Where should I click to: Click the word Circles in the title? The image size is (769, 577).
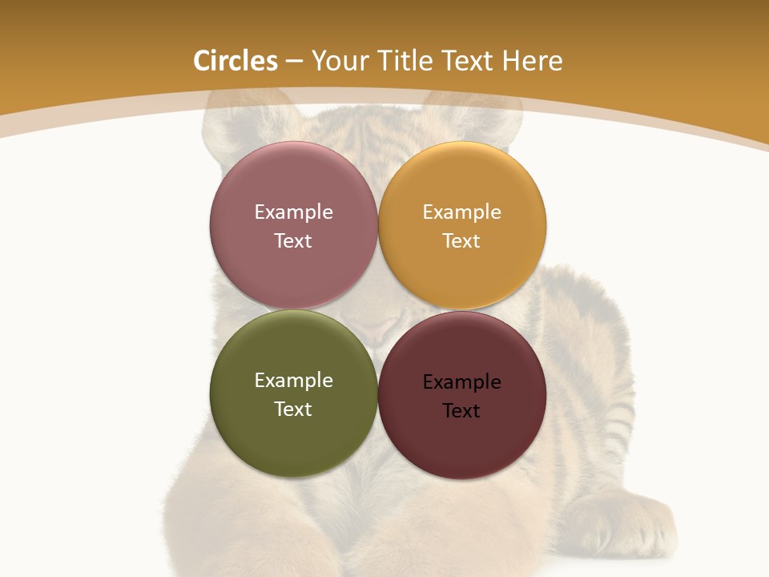(235, 61)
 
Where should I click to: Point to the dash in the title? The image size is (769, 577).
(294, 62)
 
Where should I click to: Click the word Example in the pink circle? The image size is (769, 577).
(293, 212)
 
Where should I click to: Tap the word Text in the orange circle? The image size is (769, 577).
(461, 240)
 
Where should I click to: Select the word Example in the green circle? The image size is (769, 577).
(293, 380)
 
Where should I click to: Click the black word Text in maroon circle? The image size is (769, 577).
(461, 410)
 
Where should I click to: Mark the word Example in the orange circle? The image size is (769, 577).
(461, 212)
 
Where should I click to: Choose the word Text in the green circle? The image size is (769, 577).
(293, 409)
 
